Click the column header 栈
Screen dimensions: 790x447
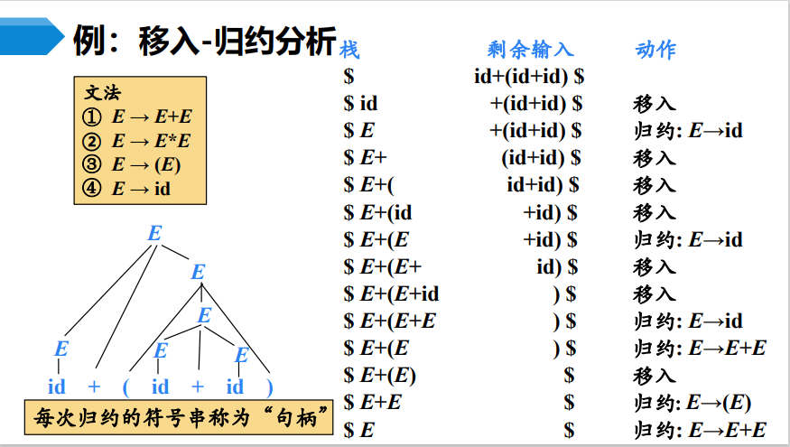click(x=350, y=51)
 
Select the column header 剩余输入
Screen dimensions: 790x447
click(x=531, y=50)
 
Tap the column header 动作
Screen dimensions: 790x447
click(x=655, y=50)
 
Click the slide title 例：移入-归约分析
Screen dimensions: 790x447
click(x=203, y=41)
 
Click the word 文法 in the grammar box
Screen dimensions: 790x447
click(x=102, y=93)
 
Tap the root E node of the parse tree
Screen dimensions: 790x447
click(x=154, y=233)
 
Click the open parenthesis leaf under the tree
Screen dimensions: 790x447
click(x=127, y=386)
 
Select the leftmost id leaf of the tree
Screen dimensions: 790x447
click(x=57, y=386)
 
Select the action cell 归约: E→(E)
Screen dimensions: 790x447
click(x=693, y=402)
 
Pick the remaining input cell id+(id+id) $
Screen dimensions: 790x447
click(x=529, y=77)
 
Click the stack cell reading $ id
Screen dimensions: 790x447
click(x=360, y=104)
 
